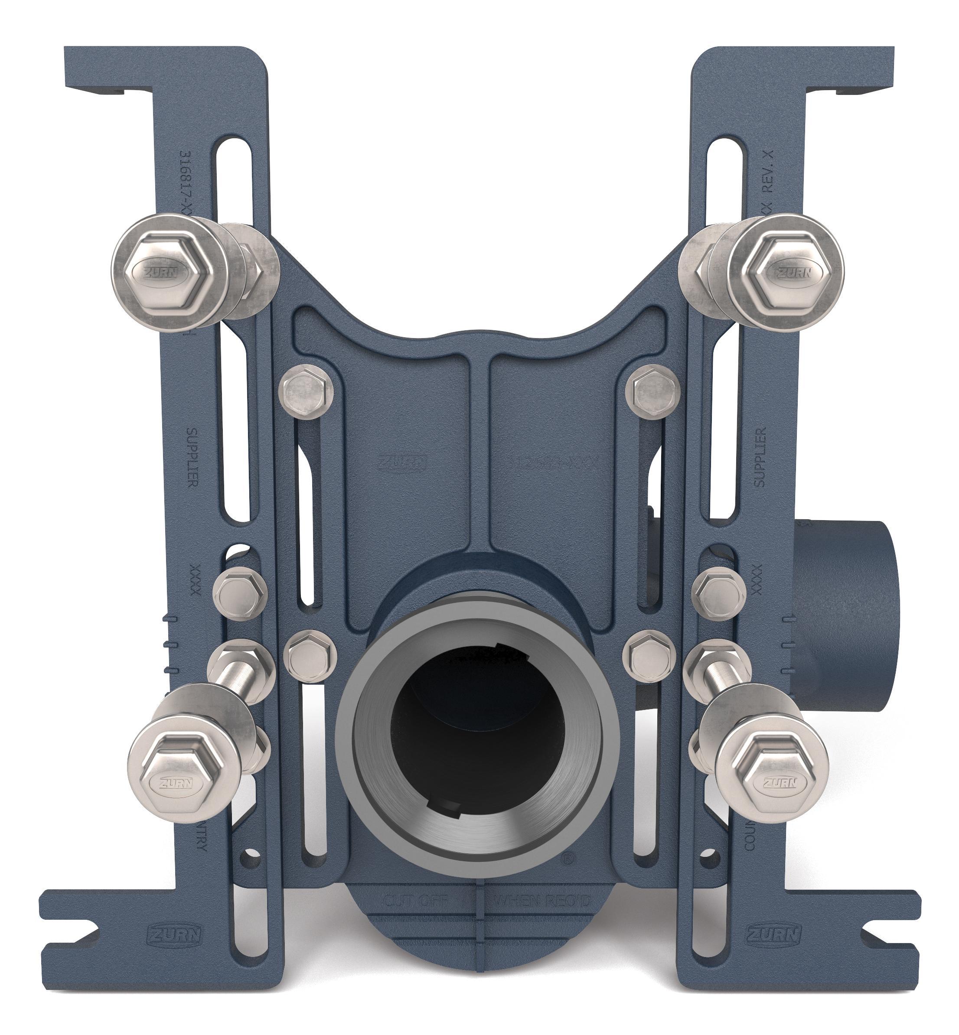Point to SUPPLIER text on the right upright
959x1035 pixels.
[760, 456]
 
